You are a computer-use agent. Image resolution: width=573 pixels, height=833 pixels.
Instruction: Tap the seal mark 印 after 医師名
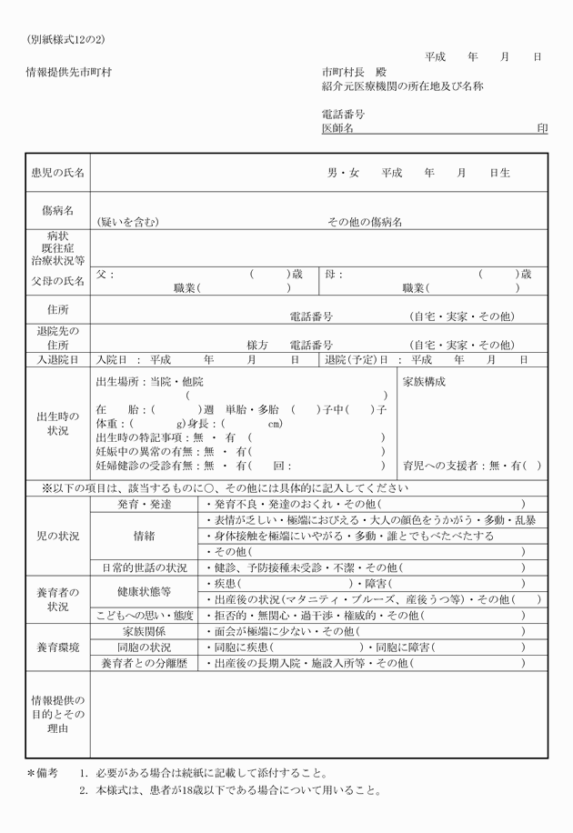(x=542, y=129)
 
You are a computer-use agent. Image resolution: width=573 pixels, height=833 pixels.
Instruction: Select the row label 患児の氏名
(x=57, y=172)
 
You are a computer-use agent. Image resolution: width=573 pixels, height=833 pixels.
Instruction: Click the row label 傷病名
(x=57, y=210)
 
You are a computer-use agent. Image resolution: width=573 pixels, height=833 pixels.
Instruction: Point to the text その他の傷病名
(x=365, y=222)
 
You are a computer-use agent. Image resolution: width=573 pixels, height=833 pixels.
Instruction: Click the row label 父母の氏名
(x=57, y=281)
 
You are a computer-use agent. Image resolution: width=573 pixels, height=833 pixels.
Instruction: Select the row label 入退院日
(x=57, y=359)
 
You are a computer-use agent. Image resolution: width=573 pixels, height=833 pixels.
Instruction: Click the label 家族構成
(x=424, y=381)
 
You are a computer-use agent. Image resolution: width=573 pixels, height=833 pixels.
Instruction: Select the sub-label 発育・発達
(x=144, y=503)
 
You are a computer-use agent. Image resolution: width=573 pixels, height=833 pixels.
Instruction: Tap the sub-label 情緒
(x=144, y=536)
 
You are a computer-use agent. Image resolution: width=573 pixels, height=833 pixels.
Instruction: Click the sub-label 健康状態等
(x=144, y=591)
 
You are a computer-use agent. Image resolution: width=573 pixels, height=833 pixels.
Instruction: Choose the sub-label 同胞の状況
(x=144, y=647)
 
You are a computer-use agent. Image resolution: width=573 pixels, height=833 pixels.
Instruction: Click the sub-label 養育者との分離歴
(x=144, y=663)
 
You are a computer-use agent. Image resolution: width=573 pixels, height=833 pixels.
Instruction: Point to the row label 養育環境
(x=57, y=647)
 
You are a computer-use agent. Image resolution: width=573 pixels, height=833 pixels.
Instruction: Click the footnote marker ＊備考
(x=42, y=772)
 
